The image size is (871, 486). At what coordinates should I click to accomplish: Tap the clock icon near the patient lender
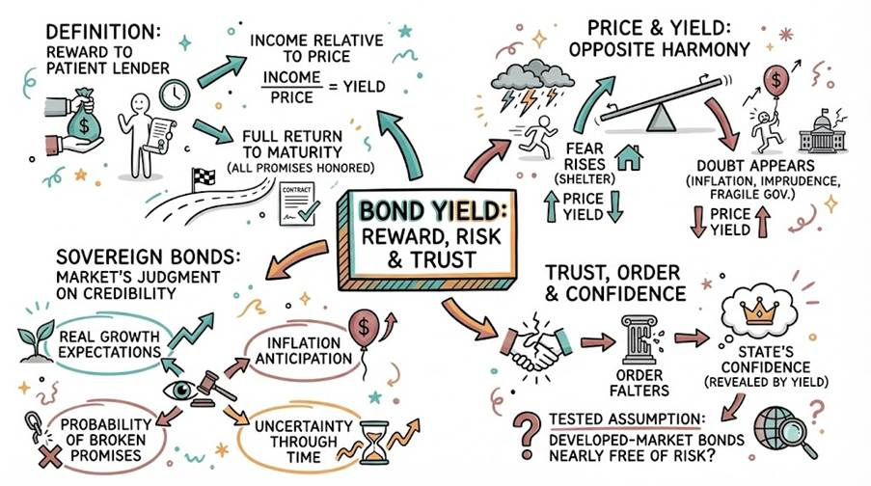174,93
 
